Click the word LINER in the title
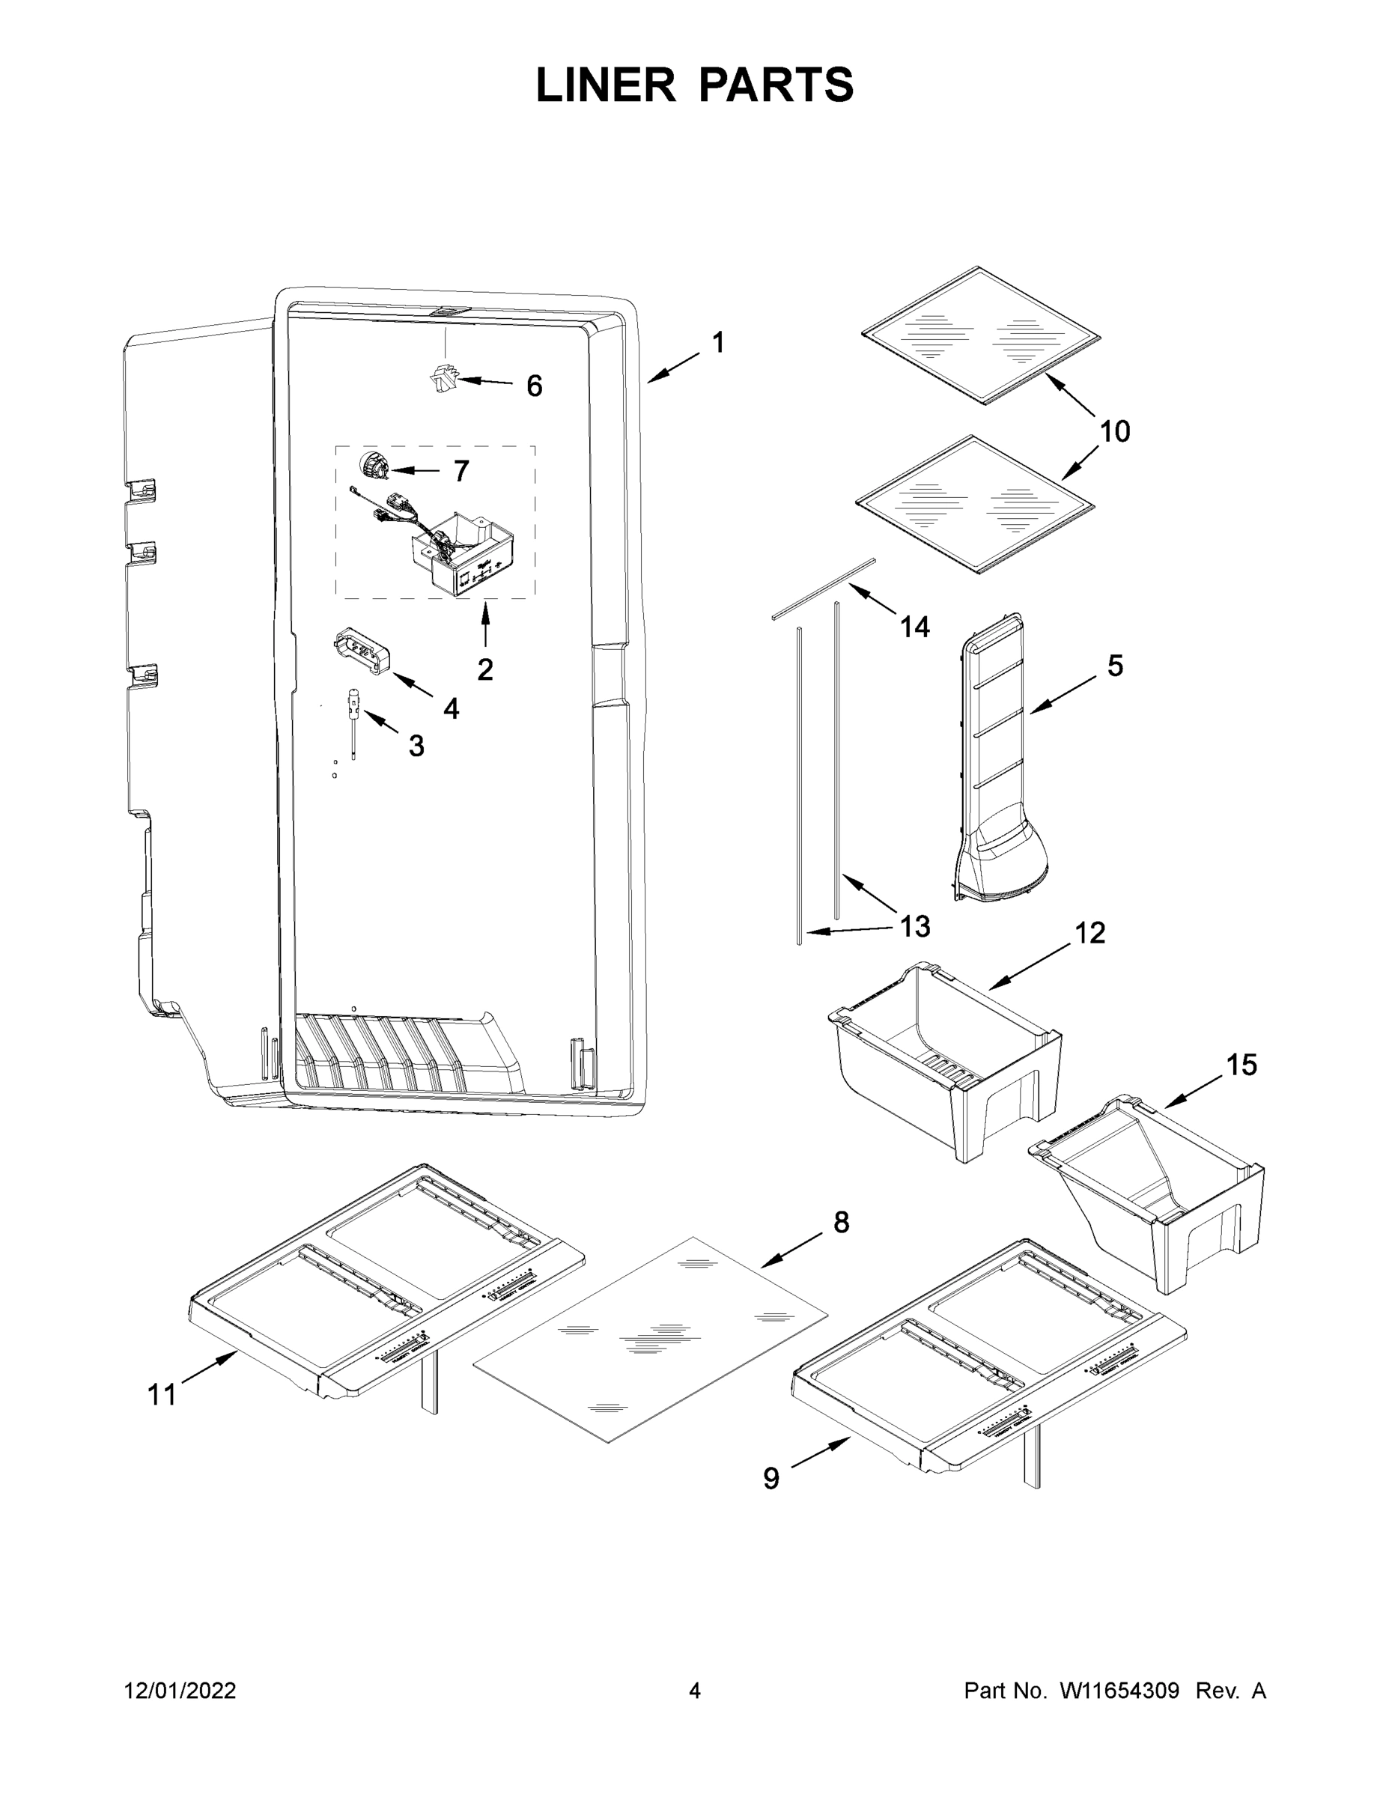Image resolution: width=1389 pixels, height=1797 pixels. [606, 85]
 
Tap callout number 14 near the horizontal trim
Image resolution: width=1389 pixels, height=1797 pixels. [914, 627]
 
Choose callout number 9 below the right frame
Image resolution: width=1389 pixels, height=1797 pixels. [771, 1479]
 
